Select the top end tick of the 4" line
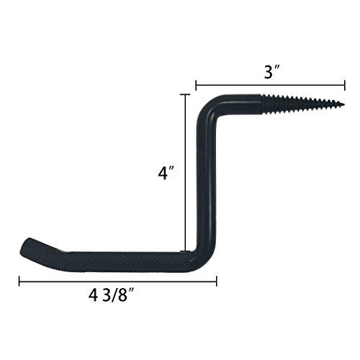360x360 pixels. (186, 94)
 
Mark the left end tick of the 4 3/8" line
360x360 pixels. (19, 279)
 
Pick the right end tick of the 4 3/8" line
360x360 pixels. (214, 279)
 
